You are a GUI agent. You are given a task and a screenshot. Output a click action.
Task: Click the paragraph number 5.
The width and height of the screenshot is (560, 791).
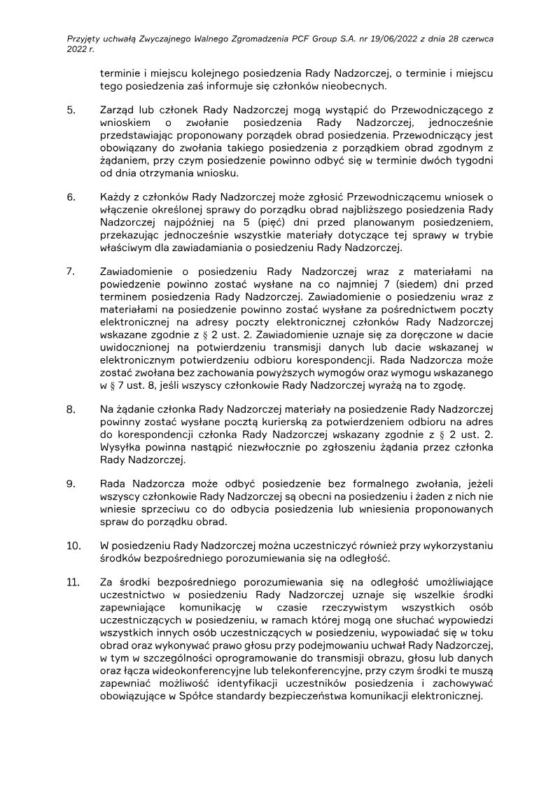coord(70,110)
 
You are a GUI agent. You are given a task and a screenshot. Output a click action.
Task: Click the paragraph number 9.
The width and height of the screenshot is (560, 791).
coord(70,483)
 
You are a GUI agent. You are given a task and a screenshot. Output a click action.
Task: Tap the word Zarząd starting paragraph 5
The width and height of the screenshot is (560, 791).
coord(118,110)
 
